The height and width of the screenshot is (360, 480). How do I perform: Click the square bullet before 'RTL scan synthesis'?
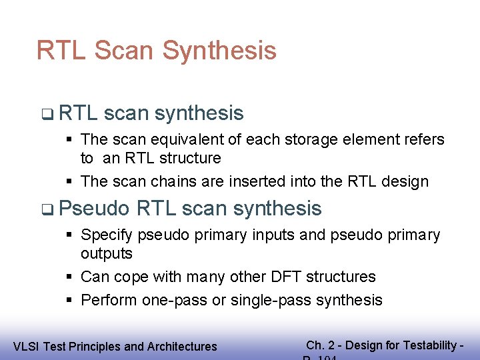point(45,114)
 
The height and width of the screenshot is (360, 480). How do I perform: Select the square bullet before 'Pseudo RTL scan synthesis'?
point(45,209)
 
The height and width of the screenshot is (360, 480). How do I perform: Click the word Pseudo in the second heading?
point(94,209)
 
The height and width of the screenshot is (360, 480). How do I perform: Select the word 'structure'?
point(188,159)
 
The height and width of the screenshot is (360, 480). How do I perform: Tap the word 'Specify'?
point(107,235)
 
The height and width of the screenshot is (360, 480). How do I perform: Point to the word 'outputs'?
point(107,254)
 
